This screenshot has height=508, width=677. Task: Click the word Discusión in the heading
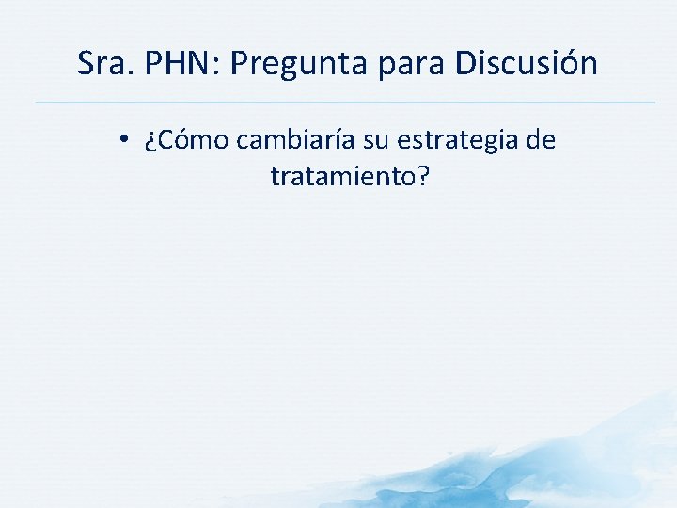526,64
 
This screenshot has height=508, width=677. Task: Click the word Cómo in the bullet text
193,141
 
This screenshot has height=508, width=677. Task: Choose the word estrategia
458,142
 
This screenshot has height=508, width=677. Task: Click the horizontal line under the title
344,102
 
